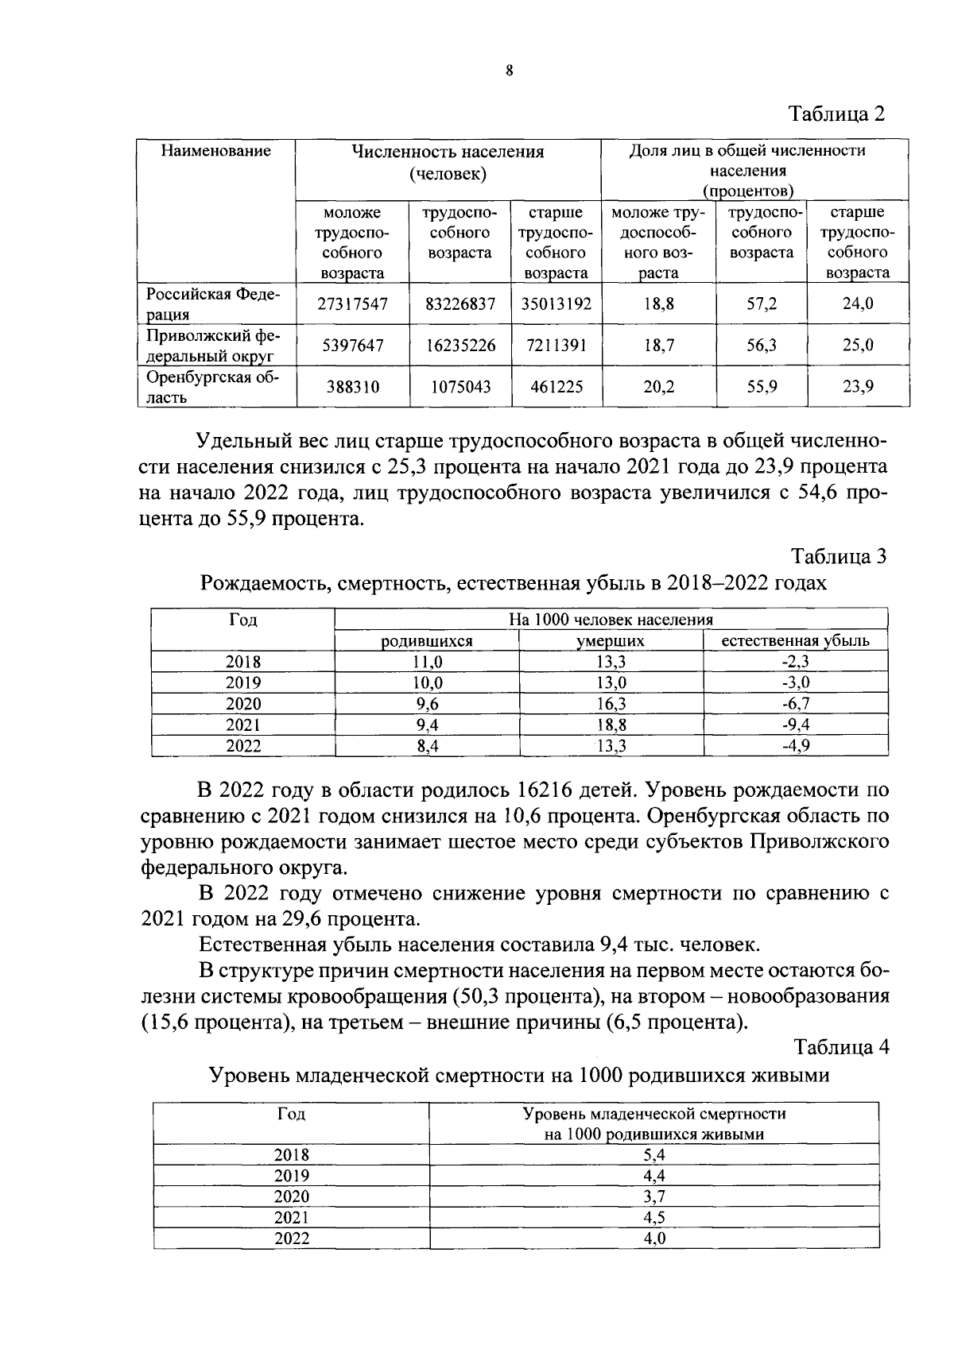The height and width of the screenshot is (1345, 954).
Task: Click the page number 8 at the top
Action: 510,71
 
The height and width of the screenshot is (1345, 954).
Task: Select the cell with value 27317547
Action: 352,303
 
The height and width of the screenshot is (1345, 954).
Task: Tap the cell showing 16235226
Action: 460,346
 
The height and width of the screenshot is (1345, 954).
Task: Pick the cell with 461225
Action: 556,387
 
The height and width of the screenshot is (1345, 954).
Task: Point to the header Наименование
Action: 215,151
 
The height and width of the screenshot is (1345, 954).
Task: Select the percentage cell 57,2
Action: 761,303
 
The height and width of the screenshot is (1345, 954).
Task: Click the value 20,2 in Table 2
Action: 658,387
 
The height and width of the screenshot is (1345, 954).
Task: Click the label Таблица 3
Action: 838,556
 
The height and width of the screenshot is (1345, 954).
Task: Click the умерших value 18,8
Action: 611,725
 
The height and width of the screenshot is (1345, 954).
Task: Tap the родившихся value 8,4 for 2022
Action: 427,746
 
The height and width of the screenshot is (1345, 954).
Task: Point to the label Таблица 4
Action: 840,1047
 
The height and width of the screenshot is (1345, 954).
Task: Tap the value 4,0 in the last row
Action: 653,1239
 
